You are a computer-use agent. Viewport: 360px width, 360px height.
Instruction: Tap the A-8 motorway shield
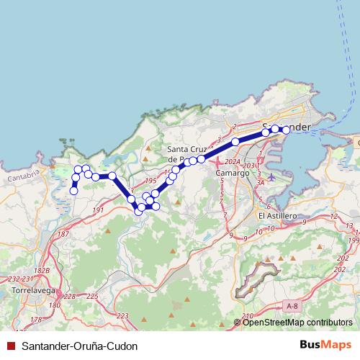tap(291, 306)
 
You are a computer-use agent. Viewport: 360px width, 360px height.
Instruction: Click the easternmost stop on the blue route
tap(286, 130)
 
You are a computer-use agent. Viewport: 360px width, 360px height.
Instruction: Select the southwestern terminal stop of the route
tap(73, 191)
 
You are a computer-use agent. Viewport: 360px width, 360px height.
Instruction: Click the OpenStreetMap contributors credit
tap(297, 323)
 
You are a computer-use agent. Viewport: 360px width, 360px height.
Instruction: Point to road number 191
tap(99, 210)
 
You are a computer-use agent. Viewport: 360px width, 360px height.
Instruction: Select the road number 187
tap(63, 234)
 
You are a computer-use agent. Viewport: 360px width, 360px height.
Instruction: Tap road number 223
tap(122, 316)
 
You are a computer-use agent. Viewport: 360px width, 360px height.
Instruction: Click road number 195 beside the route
tap(150, 181)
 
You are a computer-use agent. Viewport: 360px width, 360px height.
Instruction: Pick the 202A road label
tap(232, 163)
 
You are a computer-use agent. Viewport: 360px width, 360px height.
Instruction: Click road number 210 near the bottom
tap(248, 316)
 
